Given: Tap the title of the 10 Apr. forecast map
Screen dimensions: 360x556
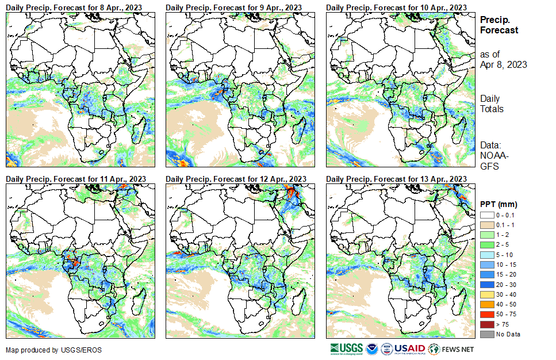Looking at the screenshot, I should point(397,7).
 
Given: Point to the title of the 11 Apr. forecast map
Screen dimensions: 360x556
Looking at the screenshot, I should point(76,178).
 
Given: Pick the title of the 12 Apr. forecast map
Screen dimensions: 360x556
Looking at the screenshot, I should point(236,178).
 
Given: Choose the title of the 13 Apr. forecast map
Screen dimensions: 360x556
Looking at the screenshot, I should point(397,178).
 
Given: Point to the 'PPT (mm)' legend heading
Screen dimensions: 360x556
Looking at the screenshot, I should point(499,204).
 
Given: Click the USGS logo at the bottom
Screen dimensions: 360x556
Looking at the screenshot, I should point(346,349).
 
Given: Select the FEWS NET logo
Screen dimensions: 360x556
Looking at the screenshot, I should point(451,349).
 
